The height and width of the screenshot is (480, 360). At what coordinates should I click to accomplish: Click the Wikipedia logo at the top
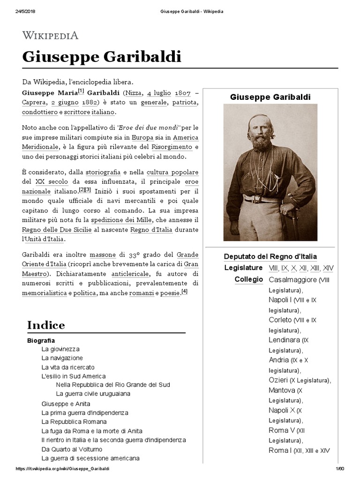pyautogui.click(x=50, y=36)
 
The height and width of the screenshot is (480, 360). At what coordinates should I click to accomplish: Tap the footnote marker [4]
pyautogui.click(x=184, y=292)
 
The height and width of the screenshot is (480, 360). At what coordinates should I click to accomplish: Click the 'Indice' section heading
pyautogui.click(x=46, y=325)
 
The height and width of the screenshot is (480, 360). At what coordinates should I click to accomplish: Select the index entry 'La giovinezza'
pyautogui.click(x=60, y=349)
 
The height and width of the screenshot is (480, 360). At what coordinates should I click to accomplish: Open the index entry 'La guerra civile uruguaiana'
pyautogui.click(x=93, y=394)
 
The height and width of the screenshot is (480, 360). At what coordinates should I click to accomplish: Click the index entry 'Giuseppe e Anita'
pyautogui.click(x=66, y=404)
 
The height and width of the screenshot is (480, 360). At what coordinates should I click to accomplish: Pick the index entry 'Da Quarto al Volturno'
pyautogui.click(x=72, y=449)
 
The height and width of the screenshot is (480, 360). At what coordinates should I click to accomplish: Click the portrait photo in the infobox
pyautogui.click(x=270, y=172)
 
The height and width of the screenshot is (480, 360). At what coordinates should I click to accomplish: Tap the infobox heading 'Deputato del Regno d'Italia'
pyautogui.click(x=270, y=256)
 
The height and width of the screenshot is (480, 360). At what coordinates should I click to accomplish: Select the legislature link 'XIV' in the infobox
pyautogui.click(x=328, y=268)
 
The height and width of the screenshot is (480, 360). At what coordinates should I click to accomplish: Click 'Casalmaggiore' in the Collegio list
pyautogui.click(x=292, y=280)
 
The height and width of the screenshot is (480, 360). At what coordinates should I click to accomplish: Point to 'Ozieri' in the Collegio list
pyautogui.click(x=278, y=380)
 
